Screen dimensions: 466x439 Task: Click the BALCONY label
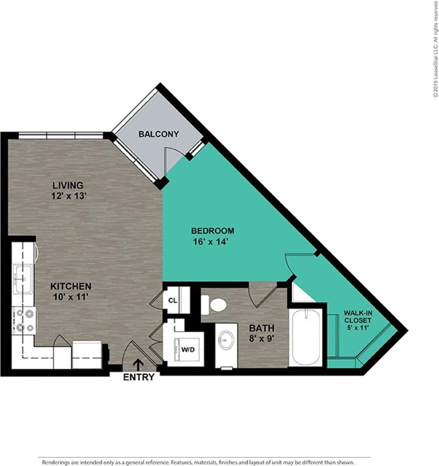pos(158,134)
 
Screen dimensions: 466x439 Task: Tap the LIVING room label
pos(67,185)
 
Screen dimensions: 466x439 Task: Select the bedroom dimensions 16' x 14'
pos(210,242)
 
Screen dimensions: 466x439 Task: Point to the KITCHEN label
pos(71,286)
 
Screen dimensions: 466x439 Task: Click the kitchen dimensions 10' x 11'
pos(71,297)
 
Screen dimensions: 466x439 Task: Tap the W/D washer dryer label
pos(187,349)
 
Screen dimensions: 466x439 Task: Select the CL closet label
pos(172,300)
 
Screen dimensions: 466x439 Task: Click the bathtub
pos(306,337)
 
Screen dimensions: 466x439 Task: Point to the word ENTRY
pos(139,377)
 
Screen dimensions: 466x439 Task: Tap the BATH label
pos(262,328)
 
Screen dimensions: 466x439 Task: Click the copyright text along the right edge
pos(435,50)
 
